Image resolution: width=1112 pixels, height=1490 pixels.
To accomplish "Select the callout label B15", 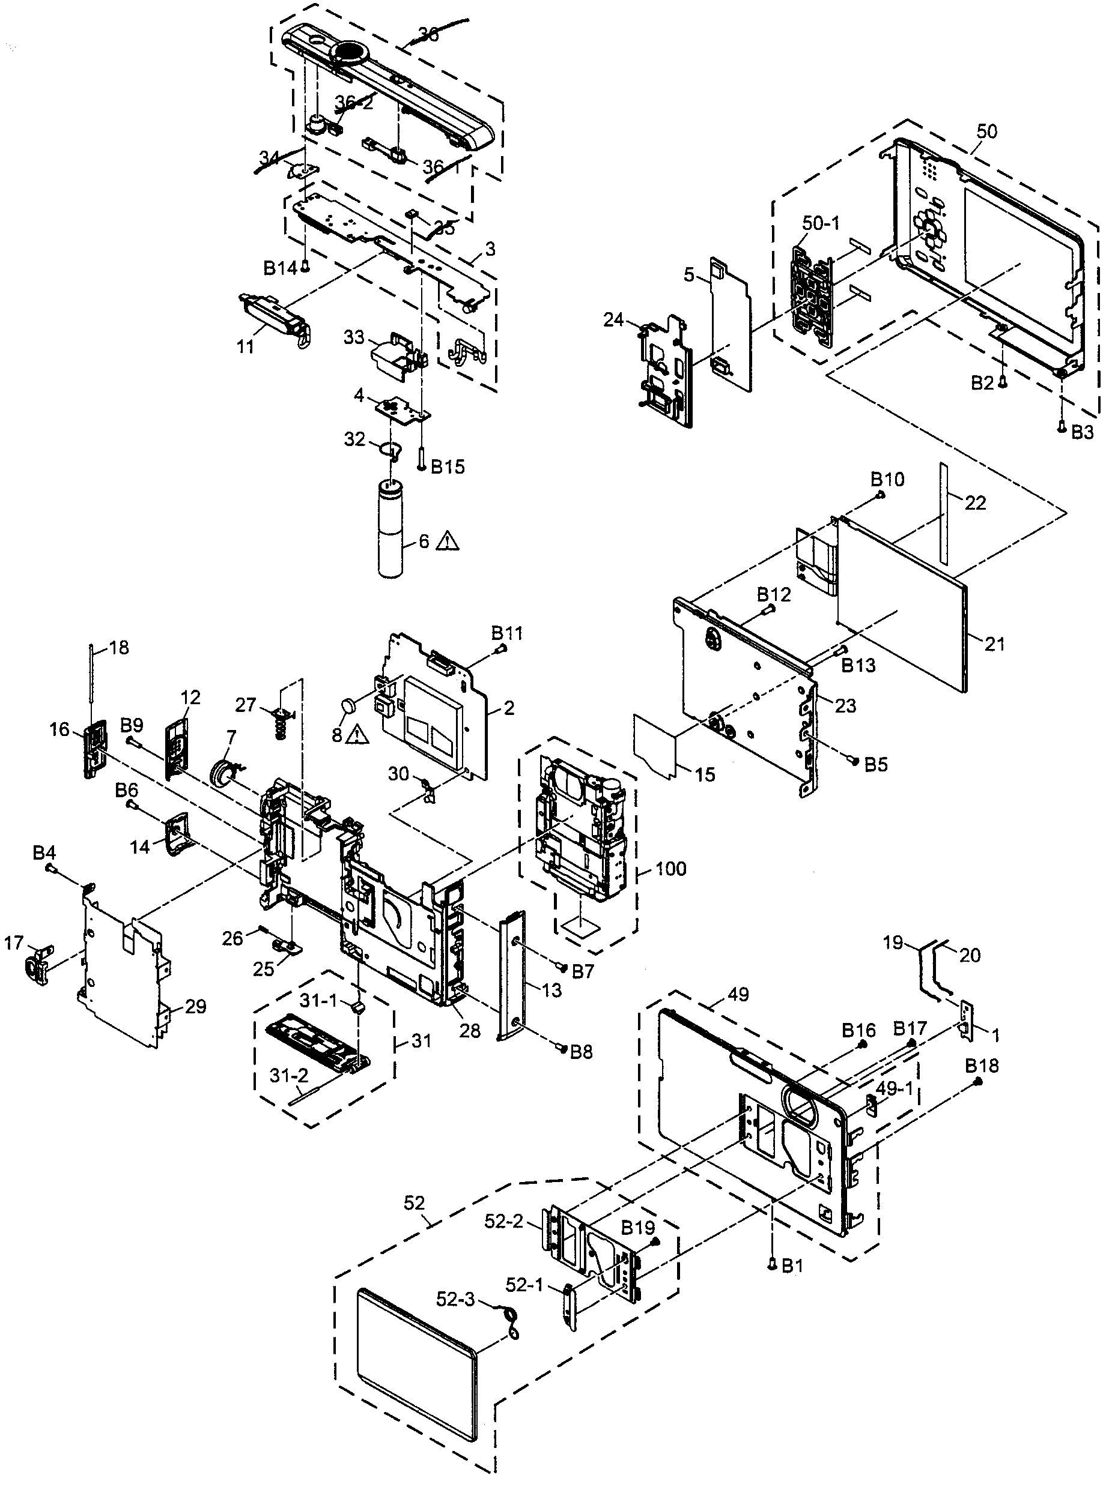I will click(x=447, y=467).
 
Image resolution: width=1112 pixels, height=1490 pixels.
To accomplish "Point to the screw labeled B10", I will click(x=880, y=496).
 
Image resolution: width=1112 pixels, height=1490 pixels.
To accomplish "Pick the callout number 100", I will click(x=670, y=869).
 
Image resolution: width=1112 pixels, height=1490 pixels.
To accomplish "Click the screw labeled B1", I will click(x=773, y=1265).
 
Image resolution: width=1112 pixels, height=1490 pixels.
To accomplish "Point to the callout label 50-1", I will click(x=821, y=223).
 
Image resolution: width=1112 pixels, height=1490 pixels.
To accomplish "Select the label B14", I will click(x=279, y=269).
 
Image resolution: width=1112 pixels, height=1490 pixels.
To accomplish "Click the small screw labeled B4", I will click(x=50, y=869).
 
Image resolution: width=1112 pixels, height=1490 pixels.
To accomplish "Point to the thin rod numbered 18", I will click(x=90, y=686).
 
